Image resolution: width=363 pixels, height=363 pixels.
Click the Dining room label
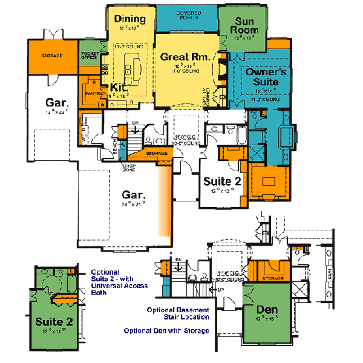click(131, 19)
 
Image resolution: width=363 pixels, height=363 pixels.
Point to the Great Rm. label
click(185, 57)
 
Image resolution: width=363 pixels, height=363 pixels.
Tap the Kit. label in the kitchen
click(118, 87)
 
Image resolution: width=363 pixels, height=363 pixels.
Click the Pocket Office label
click(90, 55)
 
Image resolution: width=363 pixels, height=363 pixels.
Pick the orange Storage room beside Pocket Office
click(52, 56)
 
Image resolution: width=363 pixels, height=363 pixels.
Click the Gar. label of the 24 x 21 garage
click(133, 195)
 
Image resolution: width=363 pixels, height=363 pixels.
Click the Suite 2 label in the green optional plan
click(51, 321)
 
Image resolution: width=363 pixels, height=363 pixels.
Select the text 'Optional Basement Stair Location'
click(178, 313)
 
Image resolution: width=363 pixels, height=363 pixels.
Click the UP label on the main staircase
click(135, 122)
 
